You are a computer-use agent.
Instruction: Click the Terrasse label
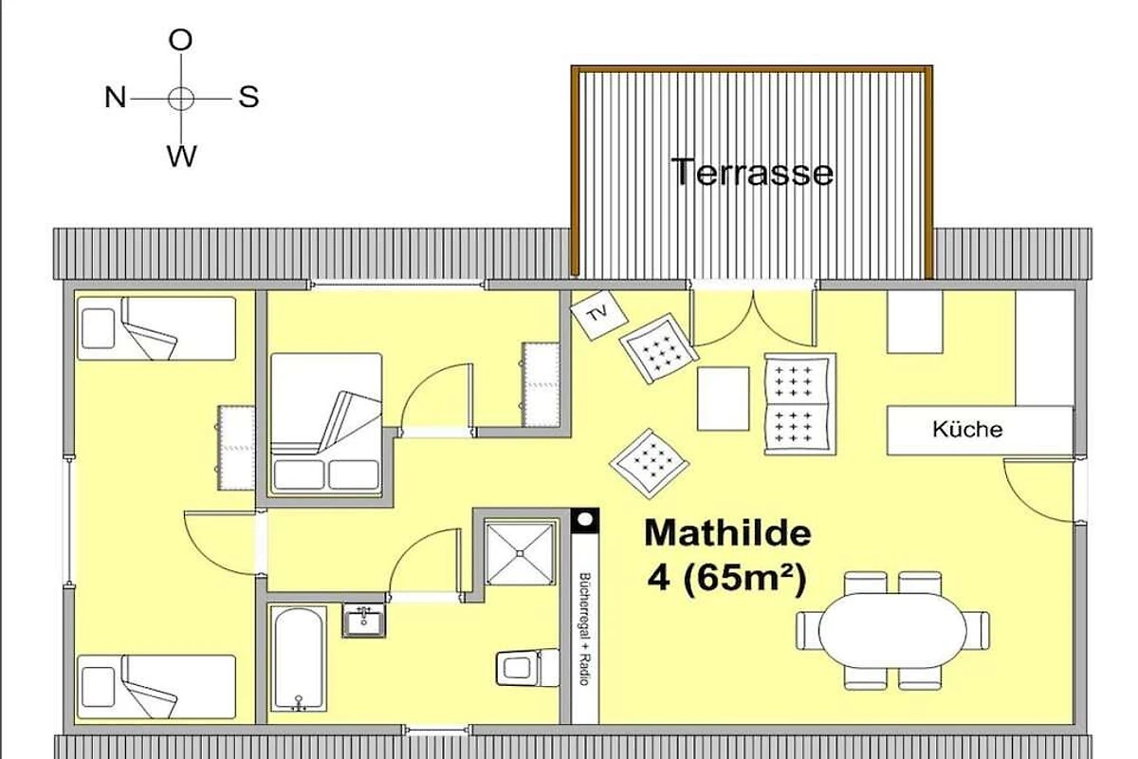(752, 172)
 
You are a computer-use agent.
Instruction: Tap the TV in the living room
(599, 315)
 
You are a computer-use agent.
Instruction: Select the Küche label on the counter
(967, 430)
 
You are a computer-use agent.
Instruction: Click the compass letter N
(116, 97)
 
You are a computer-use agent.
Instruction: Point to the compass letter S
(248, 97)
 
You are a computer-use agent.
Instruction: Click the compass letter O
(180, 40)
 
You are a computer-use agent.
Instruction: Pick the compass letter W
(181, 156)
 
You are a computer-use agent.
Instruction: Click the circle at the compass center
(181, 98)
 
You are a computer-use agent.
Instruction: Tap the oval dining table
(892, 630)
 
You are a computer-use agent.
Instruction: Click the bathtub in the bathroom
(298, 658)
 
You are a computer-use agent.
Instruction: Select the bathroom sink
(364, 620)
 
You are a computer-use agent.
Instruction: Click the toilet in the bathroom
(527, 668)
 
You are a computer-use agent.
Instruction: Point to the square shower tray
(520, 553)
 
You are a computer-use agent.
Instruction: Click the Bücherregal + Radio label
(585, 629)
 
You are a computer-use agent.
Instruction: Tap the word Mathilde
(727, 533)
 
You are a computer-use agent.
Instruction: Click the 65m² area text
(745, 579)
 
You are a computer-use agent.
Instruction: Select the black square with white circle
(585, 521)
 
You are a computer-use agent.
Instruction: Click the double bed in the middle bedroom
(326, 424)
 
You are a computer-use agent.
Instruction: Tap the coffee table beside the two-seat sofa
(723, 398)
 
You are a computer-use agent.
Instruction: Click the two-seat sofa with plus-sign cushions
(800, 403)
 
